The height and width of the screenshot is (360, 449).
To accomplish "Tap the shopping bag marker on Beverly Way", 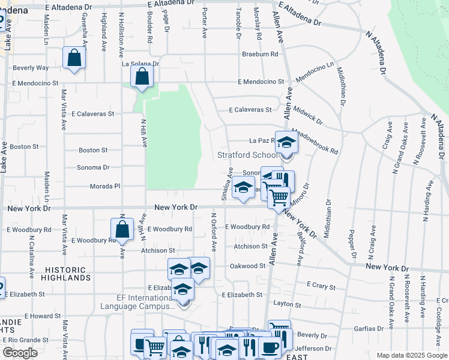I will [x=74, y=58].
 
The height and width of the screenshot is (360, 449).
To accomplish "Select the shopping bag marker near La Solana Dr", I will [x=142, y=76].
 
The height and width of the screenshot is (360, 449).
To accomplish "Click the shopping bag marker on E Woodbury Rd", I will [x=122, y=230].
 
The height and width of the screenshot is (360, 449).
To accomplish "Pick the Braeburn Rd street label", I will [x=261, y=54].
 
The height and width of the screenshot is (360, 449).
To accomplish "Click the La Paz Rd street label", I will [x=262, y=141].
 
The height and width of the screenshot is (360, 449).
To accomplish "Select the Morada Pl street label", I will [x=105, y=187].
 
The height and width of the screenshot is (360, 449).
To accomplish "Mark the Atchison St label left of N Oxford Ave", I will [x=158, y=251].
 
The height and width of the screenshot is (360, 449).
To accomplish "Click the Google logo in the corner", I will [x=20, y=353].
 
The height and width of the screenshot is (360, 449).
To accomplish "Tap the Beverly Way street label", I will [x=31, y=68].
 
